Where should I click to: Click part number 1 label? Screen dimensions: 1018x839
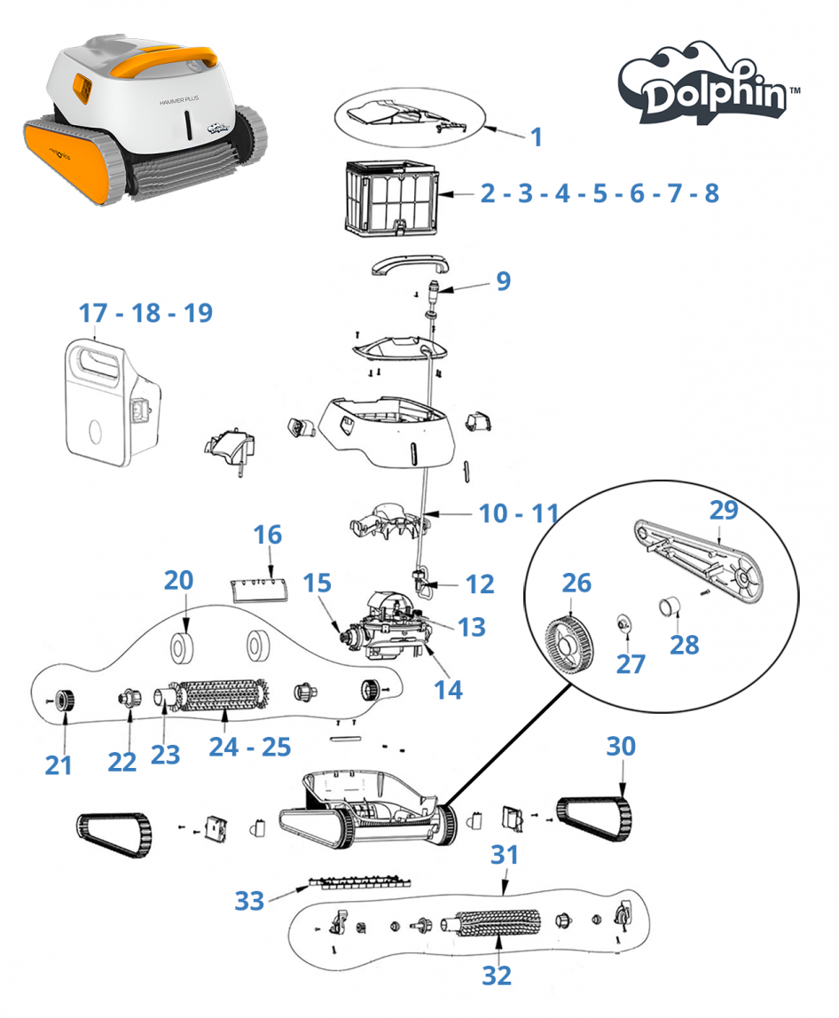coord(536,137)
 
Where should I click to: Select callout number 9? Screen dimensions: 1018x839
coord(503,281)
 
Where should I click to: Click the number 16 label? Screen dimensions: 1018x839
coord(268,535)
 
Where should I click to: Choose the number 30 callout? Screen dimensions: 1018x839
coord(621,746)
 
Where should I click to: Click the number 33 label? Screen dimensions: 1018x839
coord(250,900)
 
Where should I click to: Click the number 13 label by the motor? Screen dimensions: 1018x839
coord(472,626)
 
